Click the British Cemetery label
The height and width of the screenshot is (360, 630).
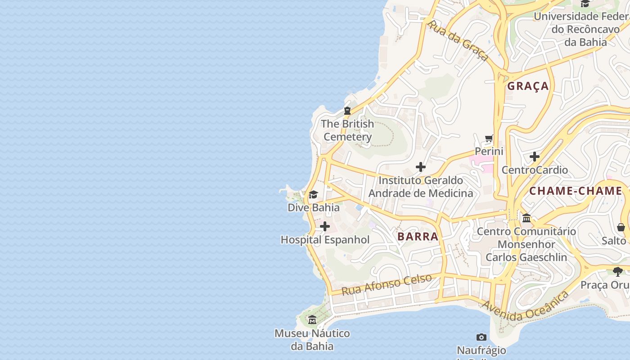tap(347, 130)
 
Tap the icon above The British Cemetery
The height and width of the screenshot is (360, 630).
tap(347, 110)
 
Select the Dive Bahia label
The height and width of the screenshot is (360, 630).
tap(314, 207)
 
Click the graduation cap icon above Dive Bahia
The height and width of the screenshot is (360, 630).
tap(314, 194)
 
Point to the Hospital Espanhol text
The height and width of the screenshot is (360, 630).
tap(325, 240)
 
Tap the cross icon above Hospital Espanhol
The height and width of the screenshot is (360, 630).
tap(325, 226)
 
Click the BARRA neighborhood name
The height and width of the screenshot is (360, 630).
tap(418, 236)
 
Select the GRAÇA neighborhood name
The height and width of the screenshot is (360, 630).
tap(528, 86)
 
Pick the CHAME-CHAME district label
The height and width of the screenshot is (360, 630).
tap(576, 191)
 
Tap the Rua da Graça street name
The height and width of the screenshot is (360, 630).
tap(458, 40)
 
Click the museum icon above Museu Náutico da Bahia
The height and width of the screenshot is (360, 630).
tap(312, 320)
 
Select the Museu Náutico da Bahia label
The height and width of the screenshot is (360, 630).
tap(312, 340)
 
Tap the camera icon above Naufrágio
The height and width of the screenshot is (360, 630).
tap(481, 337)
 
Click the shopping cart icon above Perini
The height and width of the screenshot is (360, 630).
tap(489, 138)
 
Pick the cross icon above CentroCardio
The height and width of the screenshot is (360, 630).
tap(535, 157)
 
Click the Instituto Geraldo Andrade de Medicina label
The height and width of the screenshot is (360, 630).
tap(421, 187)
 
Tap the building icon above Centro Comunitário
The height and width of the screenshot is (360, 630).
tap(526, 218)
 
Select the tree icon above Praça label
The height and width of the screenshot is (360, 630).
tap(618, 271)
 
